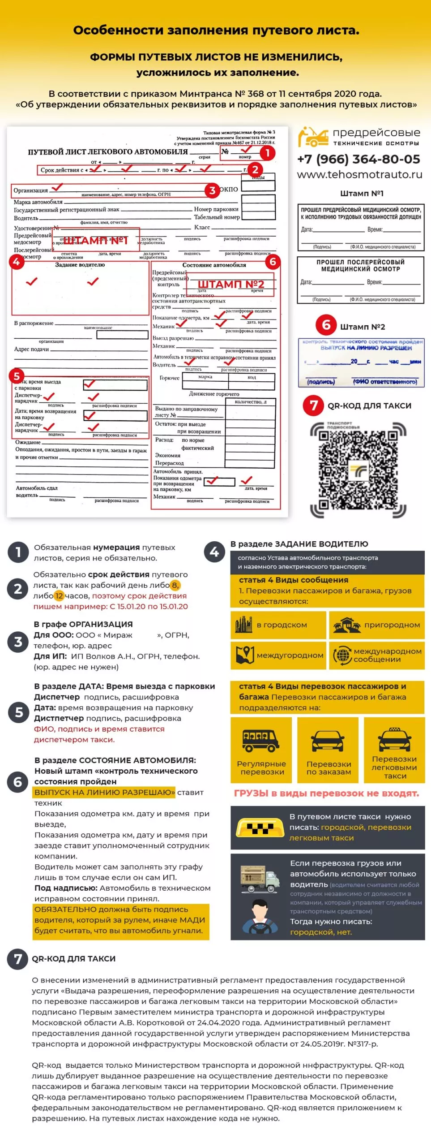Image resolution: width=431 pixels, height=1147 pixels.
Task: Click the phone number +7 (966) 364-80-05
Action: pyautogui.click(x=358, y=159)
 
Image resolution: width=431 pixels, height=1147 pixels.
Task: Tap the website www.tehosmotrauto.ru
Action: pyautogui.click(x=359, y=174)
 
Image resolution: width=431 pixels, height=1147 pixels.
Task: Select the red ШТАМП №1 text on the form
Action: pyautogui.click(x=95, y=241)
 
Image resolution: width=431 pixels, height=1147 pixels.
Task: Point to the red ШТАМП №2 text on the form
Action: pyautogui.click(x=231, y=284)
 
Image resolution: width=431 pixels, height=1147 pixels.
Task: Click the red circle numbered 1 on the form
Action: pyautogui.click(x=267, y=153)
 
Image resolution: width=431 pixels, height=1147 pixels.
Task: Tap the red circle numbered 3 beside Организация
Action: pyautogui.click(x=212, y=190)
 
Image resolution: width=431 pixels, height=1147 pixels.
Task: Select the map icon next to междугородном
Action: pyautogui.click(x=245, y=655)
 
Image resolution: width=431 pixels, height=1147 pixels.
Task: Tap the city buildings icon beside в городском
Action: pyautogui.click(x=244, y=625)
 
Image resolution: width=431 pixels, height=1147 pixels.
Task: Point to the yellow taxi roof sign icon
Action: pyautogui.click(x=260, y=827)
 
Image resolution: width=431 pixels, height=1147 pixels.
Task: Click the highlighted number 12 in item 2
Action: pyautogui.click(x=59, y=596)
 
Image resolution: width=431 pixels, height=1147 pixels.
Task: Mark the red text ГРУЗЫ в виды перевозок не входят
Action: pyautogui.click(x=326, y=793)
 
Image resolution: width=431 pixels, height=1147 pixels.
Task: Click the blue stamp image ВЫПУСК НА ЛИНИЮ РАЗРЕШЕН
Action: pyautogui.click(x=361, y=362)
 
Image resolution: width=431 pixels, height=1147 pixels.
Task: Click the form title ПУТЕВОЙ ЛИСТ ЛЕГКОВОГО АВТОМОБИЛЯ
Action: pyautogui.click(x=108, y=152)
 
